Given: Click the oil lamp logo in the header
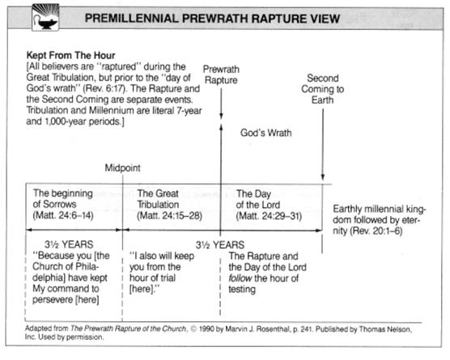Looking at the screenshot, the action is click(x=45, y=17).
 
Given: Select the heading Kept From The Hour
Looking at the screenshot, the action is click(x=70, y=55).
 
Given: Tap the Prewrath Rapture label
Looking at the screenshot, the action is click(x=221, y=74).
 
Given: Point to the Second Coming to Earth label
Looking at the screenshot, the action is click(x=323, y=89).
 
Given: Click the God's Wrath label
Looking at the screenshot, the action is click(x=265, y=133).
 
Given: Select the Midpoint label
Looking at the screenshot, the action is click(x=122, y=167).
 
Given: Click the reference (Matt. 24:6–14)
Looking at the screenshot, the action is click(x=63, y=215).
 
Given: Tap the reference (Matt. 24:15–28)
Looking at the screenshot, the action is click(x=169, y=216).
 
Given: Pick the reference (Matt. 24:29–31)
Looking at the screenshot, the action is click(x=269, y=216).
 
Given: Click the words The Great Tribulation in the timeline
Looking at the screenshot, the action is click(x=158, y=199).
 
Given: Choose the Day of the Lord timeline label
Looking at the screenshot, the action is click(x=257, y=199).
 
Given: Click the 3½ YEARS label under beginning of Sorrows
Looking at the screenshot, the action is click(x=69, y=244).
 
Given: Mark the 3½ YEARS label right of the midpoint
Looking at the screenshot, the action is click(x=220, y=245).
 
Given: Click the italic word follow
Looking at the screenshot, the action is click(x=240, y=278).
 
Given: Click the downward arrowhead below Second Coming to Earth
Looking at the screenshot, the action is click(x=323, y=176).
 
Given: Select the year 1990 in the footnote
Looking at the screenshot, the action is click(x=206, y=329).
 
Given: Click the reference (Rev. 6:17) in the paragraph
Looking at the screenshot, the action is click(x=104, y=88).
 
